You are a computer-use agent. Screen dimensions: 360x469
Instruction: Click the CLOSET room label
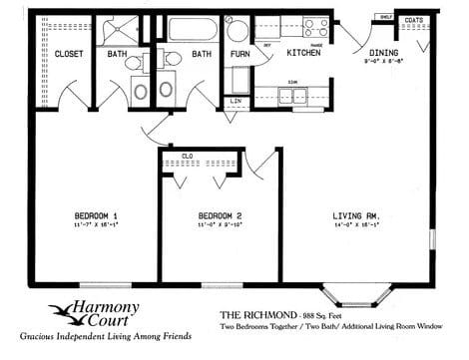point(68,54)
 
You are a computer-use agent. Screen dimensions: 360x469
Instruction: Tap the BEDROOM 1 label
point(96,215)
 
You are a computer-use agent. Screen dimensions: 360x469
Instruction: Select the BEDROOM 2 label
point(221,215)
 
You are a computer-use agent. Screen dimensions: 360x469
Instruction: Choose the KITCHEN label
point(302,53)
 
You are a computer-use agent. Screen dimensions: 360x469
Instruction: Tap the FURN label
point(239,54)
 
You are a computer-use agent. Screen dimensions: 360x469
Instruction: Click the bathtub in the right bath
point(194,28)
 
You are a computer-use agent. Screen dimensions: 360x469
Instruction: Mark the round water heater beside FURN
point(235,27)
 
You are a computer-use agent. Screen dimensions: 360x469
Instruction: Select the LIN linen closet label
point(236,101)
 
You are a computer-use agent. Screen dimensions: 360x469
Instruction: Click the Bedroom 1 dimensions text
point(96,227)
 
